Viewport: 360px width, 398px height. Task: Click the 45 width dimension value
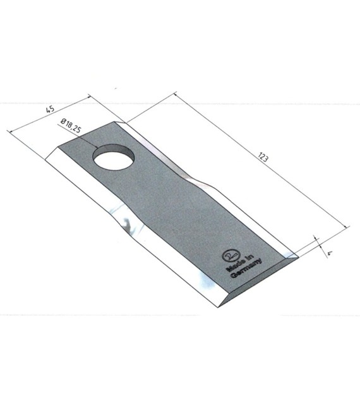pyautogui.click(x=50, y=109)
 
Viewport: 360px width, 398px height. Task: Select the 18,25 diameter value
pyautogui.click(x=73, y=126)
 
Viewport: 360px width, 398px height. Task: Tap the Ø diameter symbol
pyautogui.click(x=63, y=122)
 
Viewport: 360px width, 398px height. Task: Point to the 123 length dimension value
pyautogui.click(x=263, y=157)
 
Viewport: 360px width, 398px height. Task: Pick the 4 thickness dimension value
pyautogui.click(x=330, y=253)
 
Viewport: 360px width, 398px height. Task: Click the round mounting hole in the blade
pyautogui.click(x=113, y=157)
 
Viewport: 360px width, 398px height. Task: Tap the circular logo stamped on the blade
pyautogui.click(x=230, y=256)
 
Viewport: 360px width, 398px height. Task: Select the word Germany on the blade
pyautogui.click(x=246, y=268)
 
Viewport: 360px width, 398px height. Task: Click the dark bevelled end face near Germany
pyautogui.click(x=259, y=279)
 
